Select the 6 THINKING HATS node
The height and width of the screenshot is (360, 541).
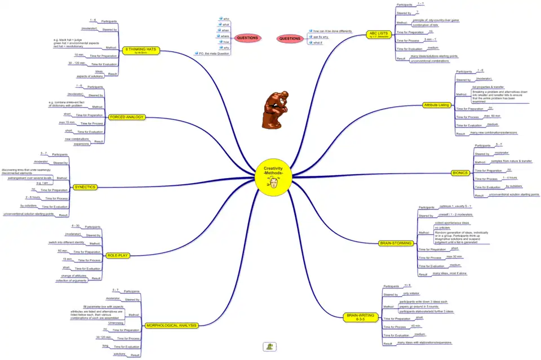140,50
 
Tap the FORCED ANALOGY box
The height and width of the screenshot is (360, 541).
127,117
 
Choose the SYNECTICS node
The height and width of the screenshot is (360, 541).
85,186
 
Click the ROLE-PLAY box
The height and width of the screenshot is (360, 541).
118,255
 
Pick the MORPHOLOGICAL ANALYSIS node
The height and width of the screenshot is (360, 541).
171,326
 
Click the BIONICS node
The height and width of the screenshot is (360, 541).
460,172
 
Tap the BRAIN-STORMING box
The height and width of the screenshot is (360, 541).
396,243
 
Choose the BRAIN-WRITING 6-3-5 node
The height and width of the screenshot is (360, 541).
360,317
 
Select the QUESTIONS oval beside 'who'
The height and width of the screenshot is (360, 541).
247,38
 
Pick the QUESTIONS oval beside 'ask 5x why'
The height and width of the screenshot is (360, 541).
290,38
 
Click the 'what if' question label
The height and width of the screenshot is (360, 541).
317,42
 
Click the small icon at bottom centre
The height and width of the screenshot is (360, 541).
270,346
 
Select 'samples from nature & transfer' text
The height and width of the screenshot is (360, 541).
511,161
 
